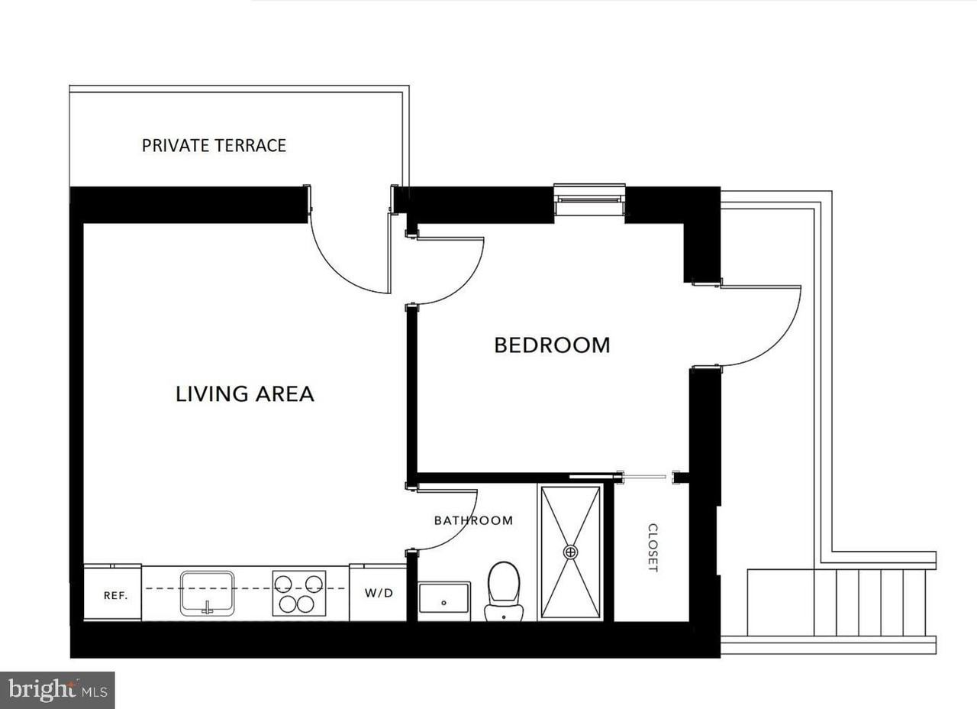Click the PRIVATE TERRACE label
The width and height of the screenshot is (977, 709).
(x=214, y=145)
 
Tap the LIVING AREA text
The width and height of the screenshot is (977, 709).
(x=245, y=393)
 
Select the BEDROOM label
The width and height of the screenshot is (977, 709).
(x=552, y=345)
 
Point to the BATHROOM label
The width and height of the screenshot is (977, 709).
(x=474, y=520)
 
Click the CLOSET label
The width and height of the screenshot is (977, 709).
(x=653, y=548)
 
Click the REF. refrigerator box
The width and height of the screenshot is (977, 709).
(x=112, y=592)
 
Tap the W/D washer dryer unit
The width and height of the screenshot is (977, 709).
(x=378, y=592)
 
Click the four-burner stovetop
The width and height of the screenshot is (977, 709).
(x=299, y=594)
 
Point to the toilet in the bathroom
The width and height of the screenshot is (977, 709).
(x=504, y=591)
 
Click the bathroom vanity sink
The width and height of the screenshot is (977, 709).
(x=444, y=601)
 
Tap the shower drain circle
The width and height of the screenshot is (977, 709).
(x=570, y=552)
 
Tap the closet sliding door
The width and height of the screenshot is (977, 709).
(x=643, y=478)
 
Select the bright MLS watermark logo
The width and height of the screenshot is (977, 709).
(x=57, y=690)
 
